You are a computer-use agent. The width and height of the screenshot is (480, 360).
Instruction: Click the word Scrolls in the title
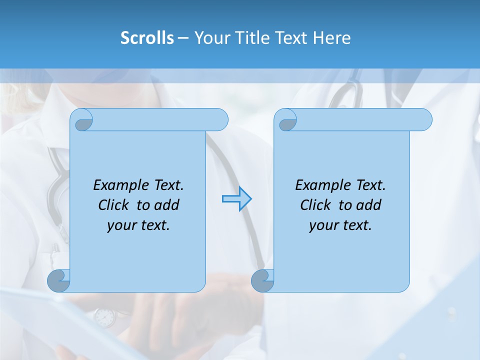(x=147, y=38)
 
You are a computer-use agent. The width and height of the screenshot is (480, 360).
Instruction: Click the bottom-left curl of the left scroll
(x=58, y=280)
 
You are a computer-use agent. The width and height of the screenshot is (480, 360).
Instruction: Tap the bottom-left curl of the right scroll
(x=262, y=280)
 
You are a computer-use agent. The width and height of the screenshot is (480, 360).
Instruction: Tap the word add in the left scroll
(x=166, y=205)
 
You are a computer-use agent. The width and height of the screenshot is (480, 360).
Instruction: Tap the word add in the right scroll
(x=369, y=205)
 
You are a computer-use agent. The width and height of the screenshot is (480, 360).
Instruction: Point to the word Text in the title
(x=293, y=38)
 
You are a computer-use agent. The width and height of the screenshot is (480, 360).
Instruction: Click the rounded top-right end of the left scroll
(x=220, y=119)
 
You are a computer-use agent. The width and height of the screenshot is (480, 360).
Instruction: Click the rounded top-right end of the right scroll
(x=424, y=119)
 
